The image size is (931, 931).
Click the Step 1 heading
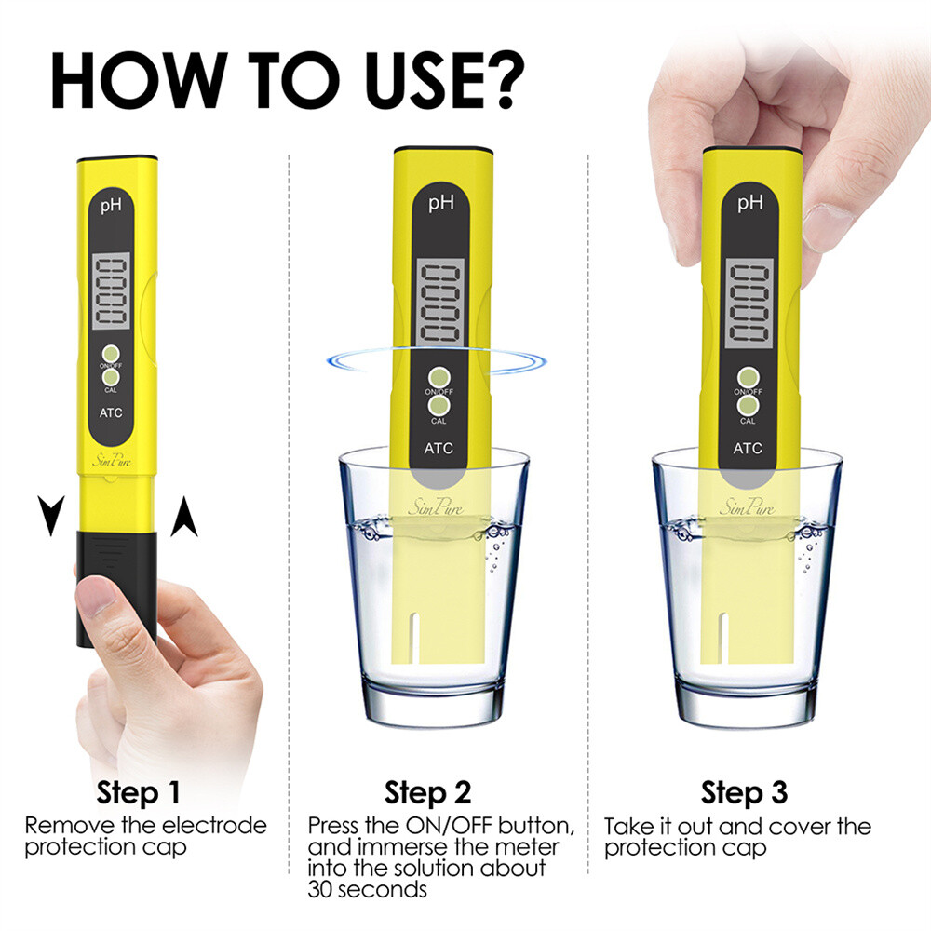point(139,793)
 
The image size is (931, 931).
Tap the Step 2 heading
point(427,793)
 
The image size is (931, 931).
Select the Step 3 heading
point(744,793)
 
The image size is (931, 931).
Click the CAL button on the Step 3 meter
point(749,407)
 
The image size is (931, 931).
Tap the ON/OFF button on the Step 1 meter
point(112,354)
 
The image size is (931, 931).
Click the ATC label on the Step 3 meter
point(748,448)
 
